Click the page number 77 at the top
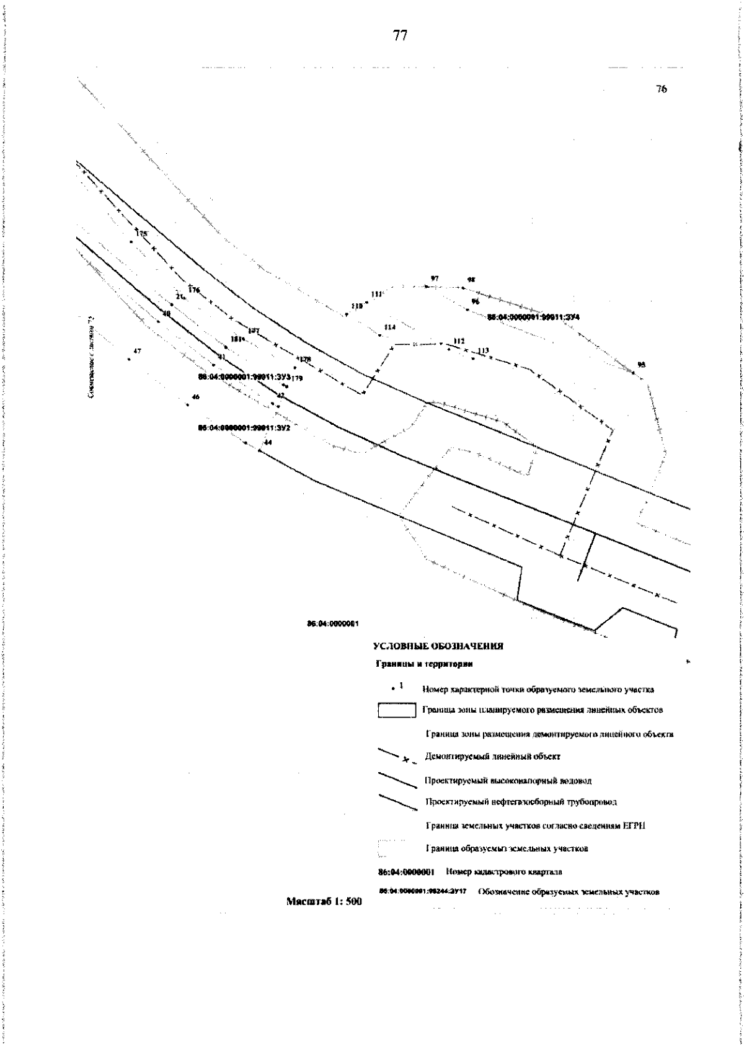pyautogui.click(x=400, y=36)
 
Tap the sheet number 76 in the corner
pyautogui.click(x=661, y=89)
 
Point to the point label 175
pyautogui.click(x=143, y=234)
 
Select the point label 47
pyautogui.click(x=137, y=352)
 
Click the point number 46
pyautogui.click(x=196, y=397)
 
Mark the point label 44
pyautogui.click(x=268, y=442)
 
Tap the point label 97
pyautogui.click(x=435, y=278)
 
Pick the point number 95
pyautogui.click(x=641, y=364)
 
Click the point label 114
pyautogui.click(x=389, y=327)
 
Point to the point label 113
pyautogui.click(x=483, y=351)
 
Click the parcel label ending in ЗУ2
pyautogui.click(x=244, y=428)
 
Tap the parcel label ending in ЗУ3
pyautogui.click(x=244, y=376)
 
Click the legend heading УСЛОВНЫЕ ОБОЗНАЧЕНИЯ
pyautogui.click(x=438, y=646)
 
